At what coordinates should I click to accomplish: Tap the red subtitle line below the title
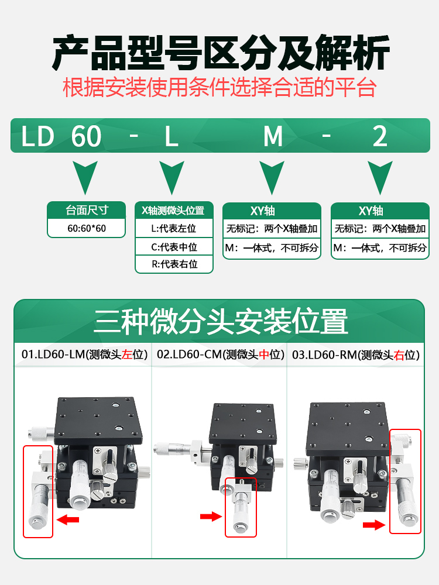(220, 88)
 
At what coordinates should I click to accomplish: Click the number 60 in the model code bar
(86, 137)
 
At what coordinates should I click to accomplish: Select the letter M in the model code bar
(273, 137)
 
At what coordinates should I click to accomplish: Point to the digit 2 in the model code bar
(380, 137)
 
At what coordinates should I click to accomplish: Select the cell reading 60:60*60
(87, 228)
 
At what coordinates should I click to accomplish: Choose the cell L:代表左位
(174, 229)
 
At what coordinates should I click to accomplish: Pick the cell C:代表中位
(174, 247)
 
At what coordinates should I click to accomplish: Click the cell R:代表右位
(174, 264)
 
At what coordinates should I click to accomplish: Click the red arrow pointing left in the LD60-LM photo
(68, 519)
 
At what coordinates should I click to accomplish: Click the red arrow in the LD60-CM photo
(211, 516)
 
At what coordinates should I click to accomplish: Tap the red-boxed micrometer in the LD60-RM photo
(405, 481)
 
